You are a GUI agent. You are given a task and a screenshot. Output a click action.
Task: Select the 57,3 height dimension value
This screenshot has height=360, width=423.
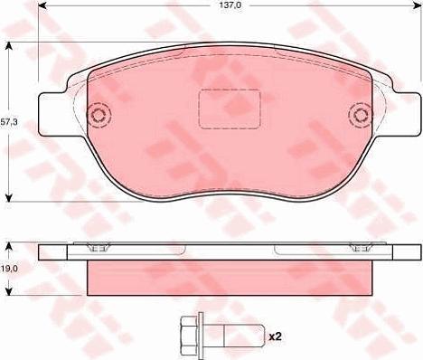tap(10, 122)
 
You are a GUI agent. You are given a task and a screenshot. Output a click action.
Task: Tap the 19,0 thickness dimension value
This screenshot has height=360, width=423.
tap(9, 269)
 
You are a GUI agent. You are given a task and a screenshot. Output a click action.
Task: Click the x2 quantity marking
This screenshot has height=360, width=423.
tap(274, 336)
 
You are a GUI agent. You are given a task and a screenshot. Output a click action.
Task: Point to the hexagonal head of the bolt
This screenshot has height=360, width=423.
tap(189, 336)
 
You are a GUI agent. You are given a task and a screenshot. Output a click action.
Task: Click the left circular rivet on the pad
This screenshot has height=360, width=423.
tap(99, 115)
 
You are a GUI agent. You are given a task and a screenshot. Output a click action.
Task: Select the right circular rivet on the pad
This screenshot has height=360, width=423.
tap(361, 115)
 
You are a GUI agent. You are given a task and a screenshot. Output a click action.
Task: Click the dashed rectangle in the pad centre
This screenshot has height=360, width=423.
tap(230, 109)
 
